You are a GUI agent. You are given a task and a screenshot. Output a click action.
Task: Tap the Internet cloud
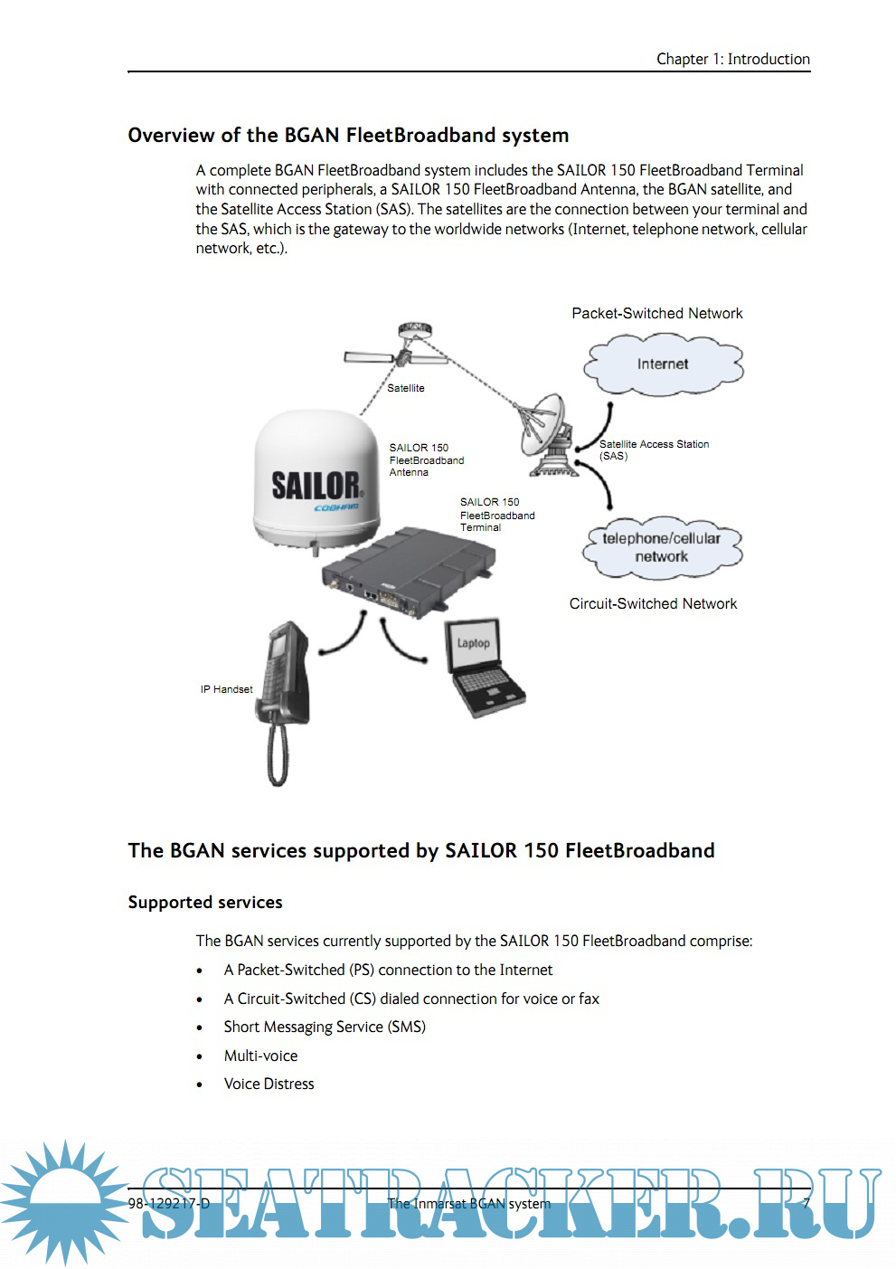[x=663, y=364]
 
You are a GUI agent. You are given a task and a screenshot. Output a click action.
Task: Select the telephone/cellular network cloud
[x=662, y=547]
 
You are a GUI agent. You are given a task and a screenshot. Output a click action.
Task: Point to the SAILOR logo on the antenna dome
[x=316, y=486]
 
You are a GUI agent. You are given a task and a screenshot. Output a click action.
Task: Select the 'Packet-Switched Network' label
[x=657, y=313]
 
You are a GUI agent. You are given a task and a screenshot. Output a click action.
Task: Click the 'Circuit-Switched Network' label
[x=653, y=603]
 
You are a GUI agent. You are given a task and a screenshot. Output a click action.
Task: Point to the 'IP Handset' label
[x=226, y=689]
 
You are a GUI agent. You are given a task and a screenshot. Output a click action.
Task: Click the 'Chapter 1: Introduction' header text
[x=732, y=59]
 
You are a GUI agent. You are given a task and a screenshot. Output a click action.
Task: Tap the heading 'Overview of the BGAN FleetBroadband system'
[x=348, y=135]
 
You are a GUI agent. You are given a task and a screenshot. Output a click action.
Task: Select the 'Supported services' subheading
[x=205, y=902]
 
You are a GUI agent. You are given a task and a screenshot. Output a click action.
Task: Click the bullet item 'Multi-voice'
[x=260, y=1056]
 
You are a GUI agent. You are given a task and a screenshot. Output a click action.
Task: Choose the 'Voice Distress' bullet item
[x=269, y=1084]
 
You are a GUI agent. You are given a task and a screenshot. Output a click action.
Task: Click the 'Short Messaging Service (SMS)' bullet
[x=325, y=1027]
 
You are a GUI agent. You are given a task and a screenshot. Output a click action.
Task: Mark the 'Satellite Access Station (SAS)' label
[x=653, y=450]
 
